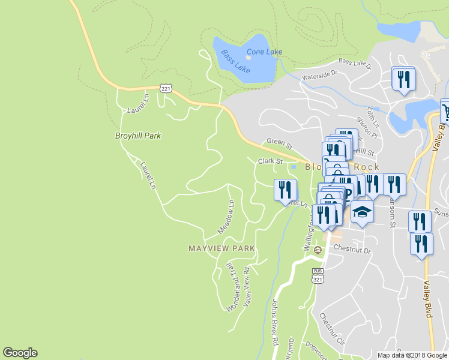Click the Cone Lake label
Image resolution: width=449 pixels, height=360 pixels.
pos(264,52)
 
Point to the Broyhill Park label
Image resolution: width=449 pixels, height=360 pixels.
pos(137,136)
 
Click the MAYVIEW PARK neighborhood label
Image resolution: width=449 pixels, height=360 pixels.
pos(221,248)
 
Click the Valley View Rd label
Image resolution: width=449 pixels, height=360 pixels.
pos(246,283)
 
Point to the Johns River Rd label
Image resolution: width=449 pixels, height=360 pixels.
pos(276,322)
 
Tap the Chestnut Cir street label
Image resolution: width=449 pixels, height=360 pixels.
pos(333,329)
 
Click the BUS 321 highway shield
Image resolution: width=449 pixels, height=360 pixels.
pos(318,275)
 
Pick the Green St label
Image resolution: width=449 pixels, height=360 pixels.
pos(279,145)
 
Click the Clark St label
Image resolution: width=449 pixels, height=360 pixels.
pos(270,161)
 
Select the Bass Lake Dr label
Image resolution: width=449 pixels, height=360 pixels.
pos(354,61)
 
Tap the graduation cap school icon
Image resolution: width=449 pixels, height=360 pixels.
pos(362,212)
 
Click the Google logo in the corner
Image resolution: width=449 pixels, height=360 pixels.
pos(20,353)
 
